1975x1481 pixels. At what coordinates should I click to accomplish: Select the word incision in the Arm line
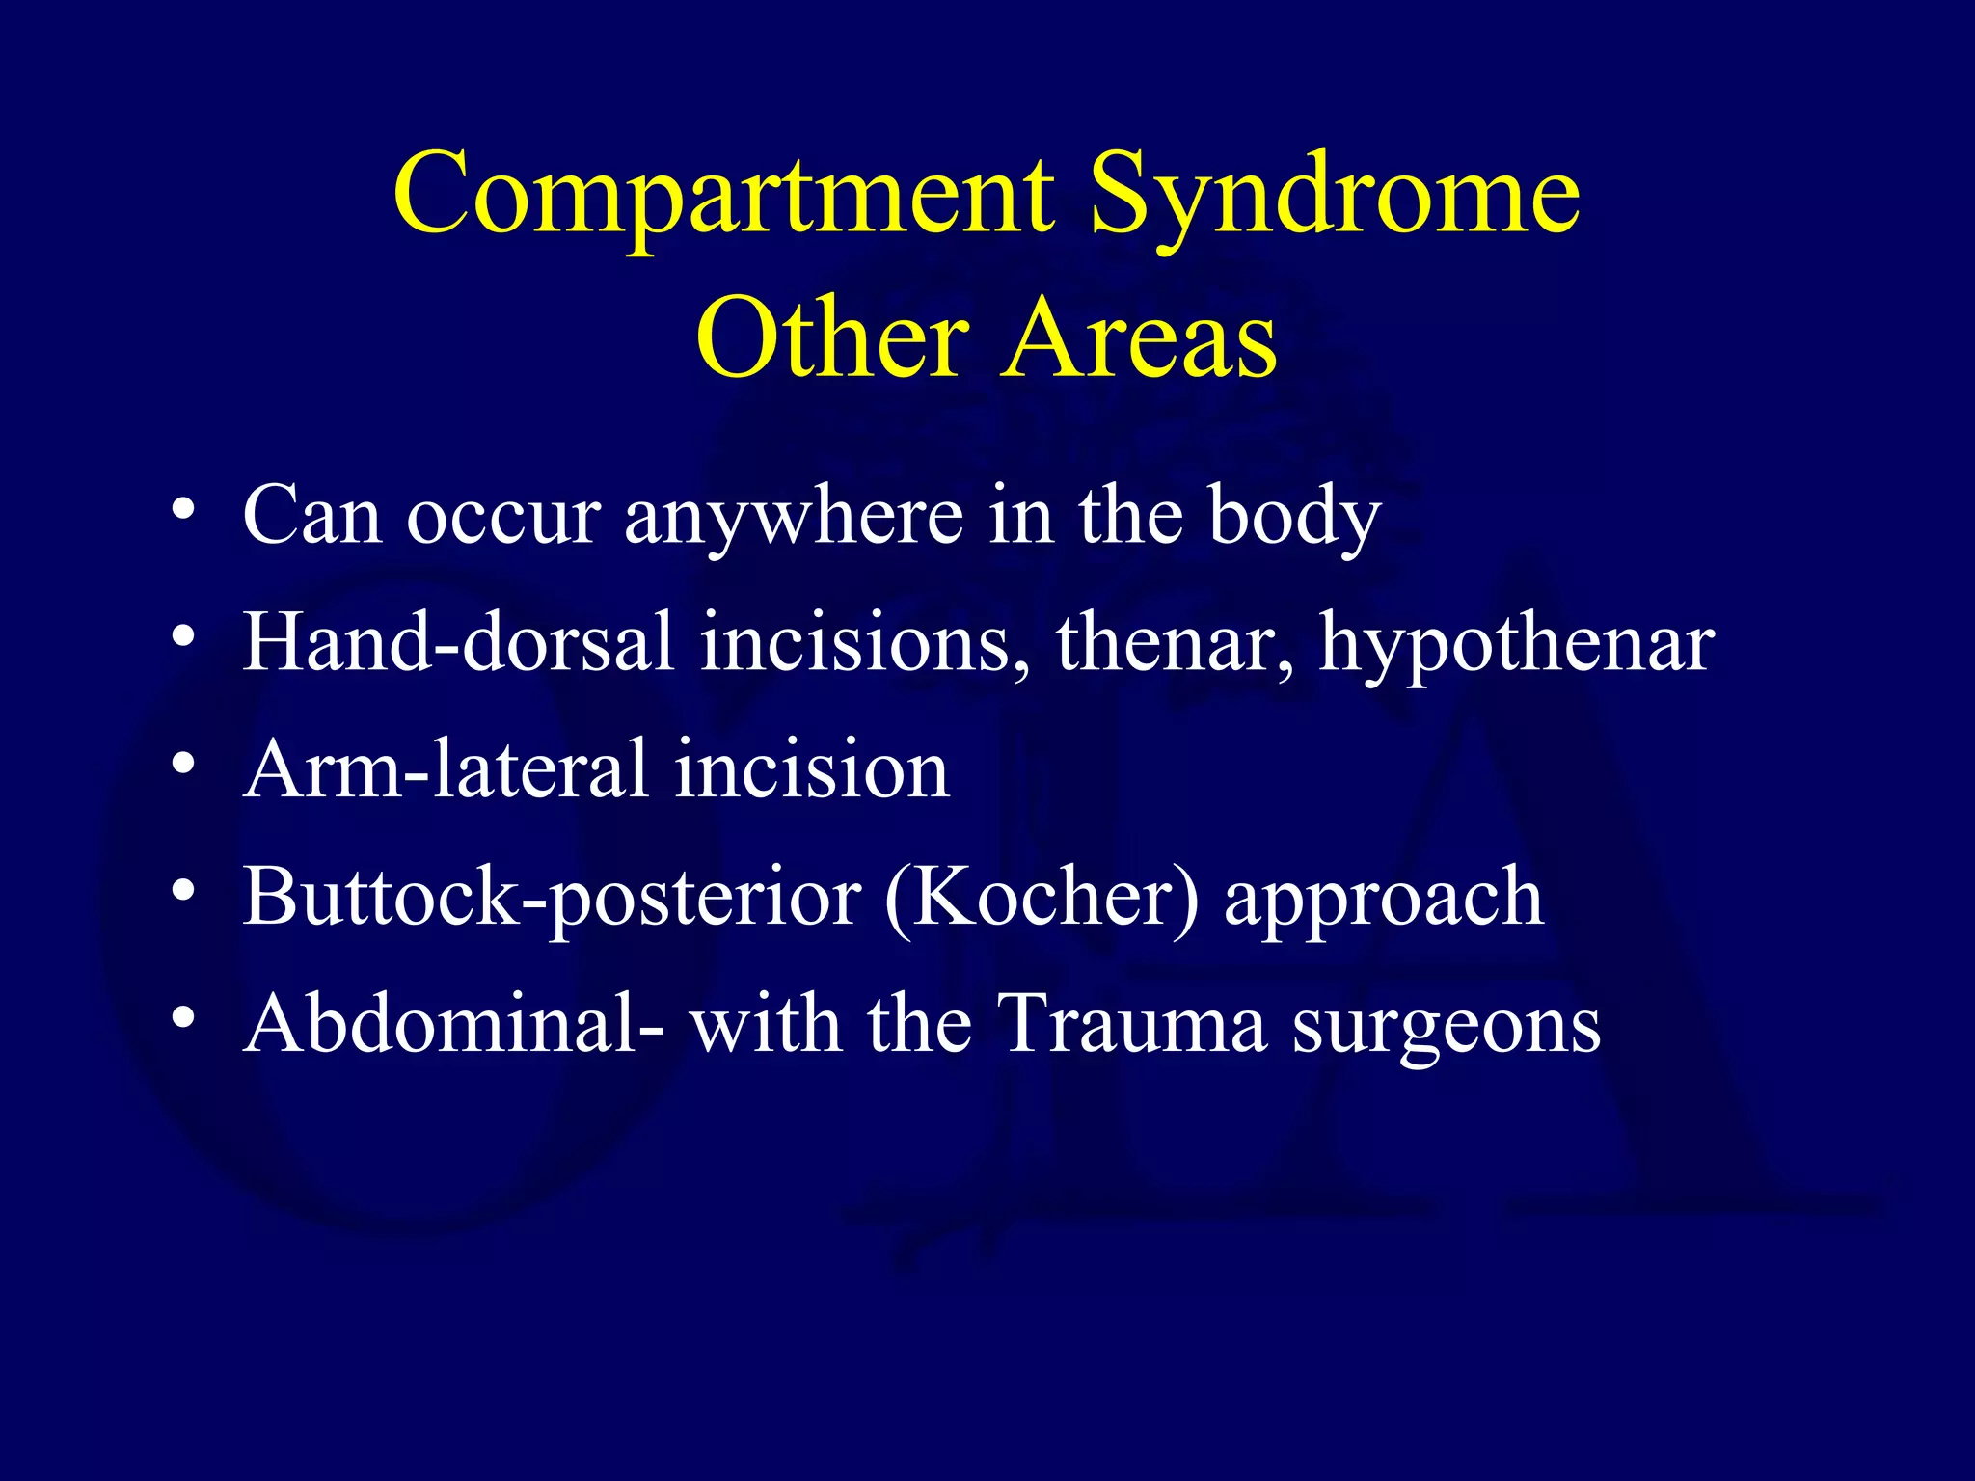(x=811, y=769)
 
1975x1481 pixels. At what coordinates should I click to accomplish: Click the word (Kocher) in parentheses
(x=1042, y=898)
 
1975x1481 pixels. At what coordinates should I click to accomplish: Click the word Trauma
(x=1130, y=1024)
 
